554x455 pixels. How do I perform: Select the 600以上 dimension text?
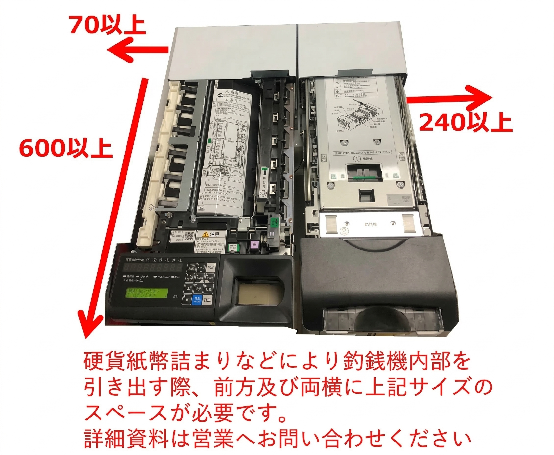tap(65, 149)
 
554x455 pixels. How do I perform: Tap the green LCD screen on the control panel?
tap(147, 293)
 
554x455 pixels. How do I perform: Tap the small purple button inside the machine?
tap(254, 245)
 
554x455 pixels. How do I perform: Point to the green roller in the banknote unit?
tap(364, 178)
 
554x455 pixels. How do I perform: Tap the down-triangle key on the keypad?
tap(187, 300)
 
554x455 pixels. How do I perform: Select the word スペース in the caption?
tap(126, 414)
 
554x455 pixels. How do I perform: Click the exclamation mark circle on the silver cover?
tap(357, 159)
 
